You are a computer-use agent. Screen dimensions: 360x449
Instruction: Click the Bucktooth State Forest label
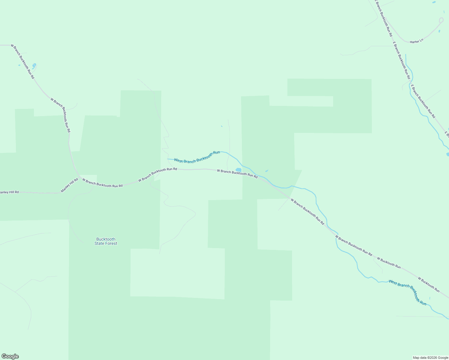pos(106,241)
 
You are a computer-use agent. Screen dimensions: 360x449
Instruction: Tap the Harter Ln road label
pos(417,41)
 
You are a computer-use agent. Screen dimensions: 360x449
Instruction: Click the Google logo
pos(10,356)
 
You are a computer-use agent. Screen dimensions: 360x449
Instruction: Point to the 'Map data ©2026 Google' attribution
pos(430,358)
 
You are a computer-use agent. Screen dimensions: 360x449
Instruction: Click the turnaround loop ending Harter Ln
pos(441,20)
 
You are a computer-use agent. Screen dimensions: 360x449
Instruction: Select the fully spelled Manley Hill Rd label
pos(69,185)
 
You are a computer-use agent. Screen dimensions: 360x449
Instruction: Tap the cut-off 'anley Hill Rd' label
pos(9,192)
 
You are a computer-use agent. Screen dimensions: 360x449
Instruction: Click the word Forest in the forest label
pos(110,244)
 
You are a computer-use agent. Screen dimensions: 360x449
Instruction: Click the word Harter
pos(414,42)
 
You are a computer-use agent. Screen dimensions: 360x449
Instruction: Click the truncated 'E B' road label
pos(446,133)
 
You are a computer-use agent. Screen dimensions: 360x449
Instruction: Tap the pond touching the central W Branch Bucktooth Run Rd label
pos(239,170)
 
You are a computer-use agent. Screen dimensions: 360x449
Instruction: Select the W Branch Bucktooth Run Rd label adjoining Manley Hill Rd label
pos(102,183)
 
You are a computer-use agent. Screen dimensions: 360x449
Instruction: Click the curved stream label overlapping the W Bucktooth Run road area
pos(407,292)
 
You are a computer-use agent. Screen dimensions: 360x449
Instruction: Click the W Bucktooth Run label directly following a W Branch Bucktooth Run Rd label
pos(389,263)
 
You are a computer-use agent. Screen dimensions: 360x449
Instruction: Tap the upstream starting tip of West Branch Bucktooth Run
pos(167,159)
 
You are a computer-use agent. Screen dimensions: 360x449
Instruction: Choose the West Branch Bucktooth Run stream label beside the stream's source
pos(197,157)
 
